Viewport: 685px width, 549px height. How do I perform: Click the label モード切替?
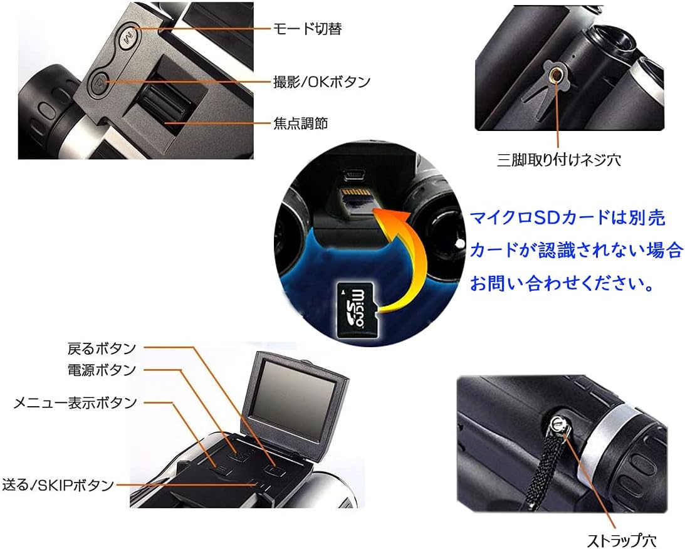coord(308,29)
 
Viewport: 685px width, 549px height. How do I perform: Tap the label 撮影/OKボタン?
coord(321,81)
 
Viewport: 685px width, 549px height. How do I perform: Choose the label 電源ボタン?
coord(101,370)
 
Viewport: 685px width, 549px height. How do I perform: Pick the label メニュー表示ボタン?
coord(75,402)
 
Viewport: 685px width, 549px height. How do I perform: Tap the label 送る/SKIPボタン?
coord(58,484)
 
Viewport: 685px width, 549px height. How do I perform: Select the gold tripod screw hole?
coord(555,76)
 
